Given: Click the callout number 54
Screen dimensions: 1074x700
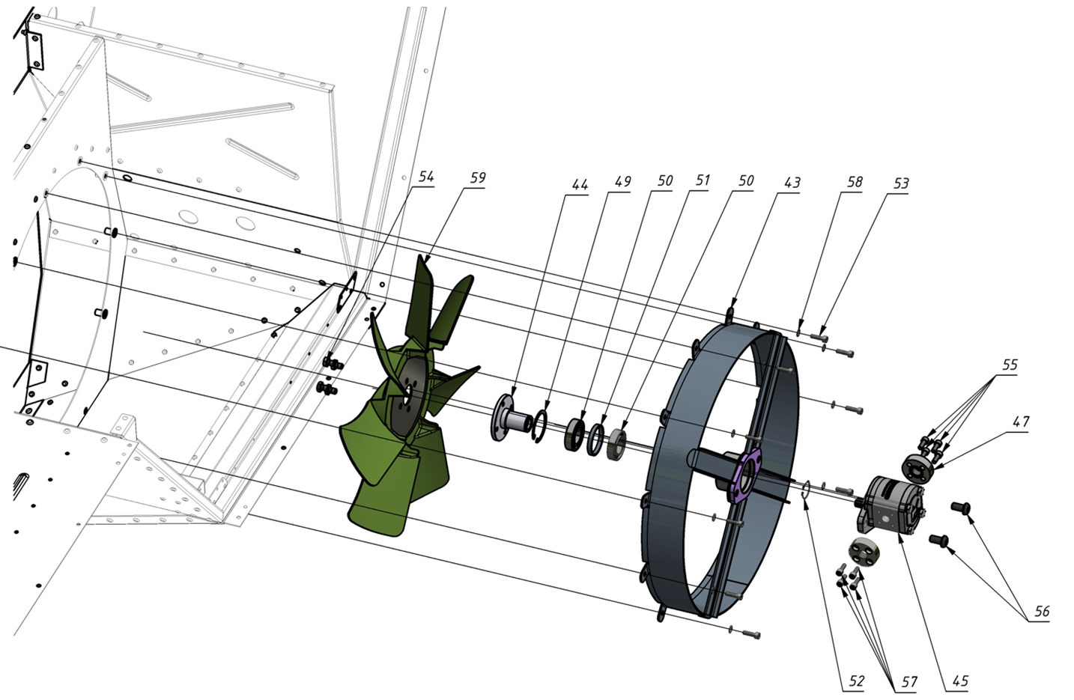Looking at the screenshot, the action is pyautogui.click(x=426, y=177).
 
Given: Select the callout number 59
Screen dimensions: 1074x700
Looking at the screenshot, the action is pyautogui.click(x=478, y=177).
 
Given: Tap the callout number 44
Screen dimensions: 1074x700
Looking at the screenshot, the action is pyautogui.click(x=580, y=184).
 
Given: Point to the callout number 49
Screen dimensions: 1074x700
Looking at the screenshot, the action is pyautogui.click(x=623, y=182).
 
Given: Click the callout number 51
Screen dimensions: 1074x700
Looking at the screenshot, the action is pyautogui.click(x=703, y=180).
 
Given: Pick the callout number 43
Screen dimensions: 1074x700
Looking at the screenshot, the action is pyautogui.click(x=792, y=183).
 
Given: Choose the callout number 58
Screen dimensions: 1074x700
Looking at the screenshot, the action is pyautogui.click(x=855, y=182).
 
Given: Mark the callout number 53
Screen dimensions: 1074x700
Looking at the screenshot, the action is pyautogui.click(x=901, y=183).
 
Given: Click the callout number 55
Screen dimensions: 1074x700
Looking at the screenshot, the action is pyautogui.click(x=1010, y=365).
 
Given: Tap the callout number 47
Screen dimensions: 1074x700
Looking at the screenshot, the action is pyautogui.click(x=1021, y=421).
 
